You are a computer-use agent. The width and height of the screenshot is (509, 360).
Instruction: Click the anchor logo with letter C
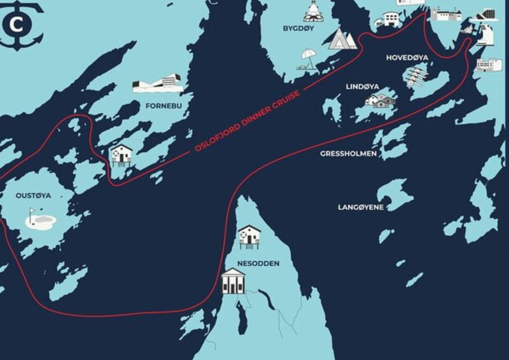(19, 25)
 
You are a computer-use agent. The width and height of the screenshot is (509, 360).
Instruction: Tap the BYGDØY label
(299, 28)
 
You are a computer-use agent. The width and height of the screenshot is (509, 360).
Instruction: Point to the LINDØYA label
(362, 87)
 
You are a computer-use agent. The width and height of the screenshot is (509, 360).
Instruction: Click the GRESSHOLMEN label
(349, 153)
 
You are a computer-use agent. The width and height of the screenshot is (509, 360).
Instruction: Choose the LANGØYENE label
(361, 207)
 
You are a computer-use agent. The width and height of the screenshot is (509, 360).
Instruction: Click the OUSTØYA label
(33, 195)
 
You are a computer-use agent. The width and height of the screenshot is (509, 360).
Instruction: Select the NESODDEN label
(258, 263)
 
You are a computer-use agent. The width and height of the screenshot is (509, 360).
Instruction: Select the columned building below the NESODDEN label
(233, 281)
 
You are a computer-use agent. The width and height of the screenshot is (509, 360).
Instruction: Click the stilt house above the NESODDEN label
(249, 237)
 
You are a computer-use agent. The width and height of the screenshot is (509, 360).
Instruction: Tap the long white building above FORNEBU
(157, 84)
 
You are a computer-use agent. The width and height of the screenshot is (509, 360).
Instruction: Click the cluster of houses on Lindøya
(381, 101)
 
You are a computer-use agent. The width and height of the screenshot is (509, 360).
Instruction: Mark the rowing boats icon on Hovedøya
(417, 75)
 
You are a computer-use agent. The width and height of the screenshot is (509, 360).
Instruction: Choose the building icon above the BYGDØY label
(313, 11)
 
